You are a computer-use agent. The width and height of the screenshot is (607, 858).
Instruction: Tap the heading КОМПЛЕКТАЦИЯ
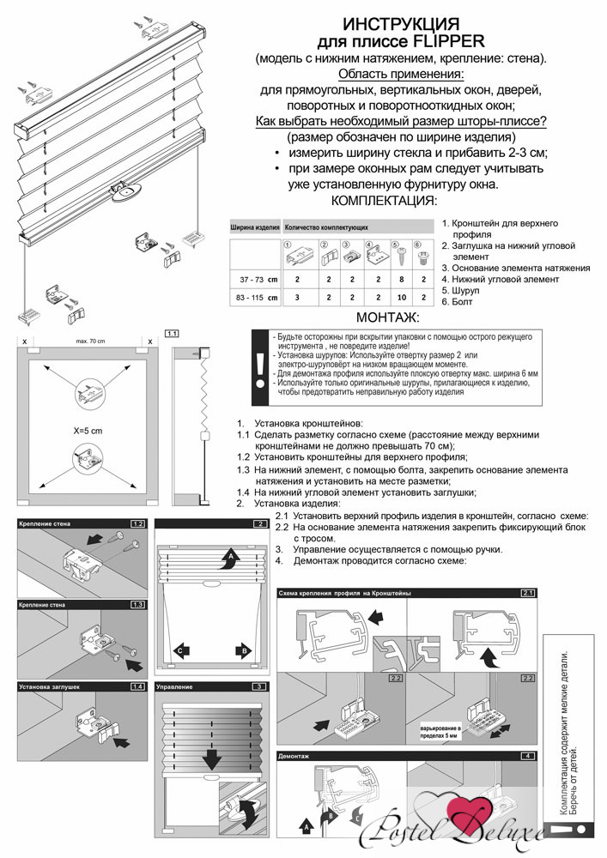384,201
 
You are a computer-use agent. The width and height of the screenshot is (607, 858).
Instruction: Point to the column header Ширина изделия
255,228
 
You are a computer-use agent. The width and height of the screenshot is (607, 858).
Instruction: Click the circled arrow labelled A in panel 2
228,559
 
